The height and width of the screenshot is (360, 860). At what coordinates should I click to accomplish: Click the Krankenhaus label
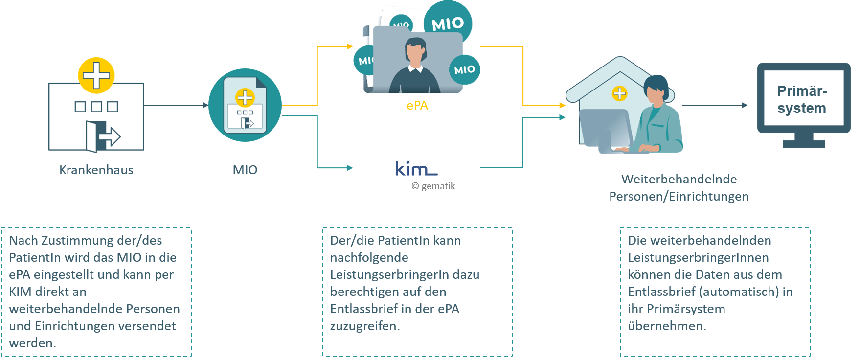pyautogui.click(x=96, y=170)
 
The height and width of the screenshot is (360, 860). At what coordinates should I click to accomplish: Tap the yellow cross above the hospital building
pyautogui.click(x=96, y=75)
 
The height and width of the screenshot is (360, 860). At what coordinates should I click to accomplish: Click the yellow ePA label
pyautogui.click(x=417, y=105)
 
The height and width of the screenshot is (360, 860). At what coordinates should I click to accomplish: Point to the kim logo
pyautogui.click(x=416, y=168)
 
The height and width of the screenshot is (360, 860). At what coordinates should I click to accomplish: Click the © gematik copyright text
pyautogui.click(x=433, y=186)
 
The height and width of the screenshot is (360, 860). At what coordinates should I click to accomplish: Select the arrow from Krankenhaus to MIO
pyautogui.click(x=176, y=105)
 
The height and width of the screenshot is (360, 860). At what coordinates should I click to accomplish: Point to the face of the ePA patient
pyautogui.click(x=415, y=53)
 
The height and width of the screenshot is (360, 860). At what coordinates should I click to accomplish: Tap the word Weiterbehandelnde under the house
pyautogui.click(x=679, y=179)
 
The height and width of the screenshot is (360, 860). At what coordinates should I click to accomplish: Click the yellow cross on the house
pyautogui.click(x=619, y=93)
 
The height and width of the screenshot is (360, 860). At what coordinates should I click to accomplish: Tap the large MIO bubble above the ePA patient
pyautogui.click(x=448, y=23)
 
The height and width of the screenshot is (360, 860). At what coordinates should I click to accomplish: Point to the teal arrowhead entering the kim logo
pyautogui.click(x=350, y=168)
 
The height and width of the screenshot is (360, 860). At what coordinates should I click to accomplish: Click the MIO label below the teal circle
pyautogui.click(x=245, y=170)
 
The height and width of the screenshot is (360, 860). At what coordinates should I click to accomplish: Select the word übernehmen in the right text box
pyautogui.click(x=667, y=326)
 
